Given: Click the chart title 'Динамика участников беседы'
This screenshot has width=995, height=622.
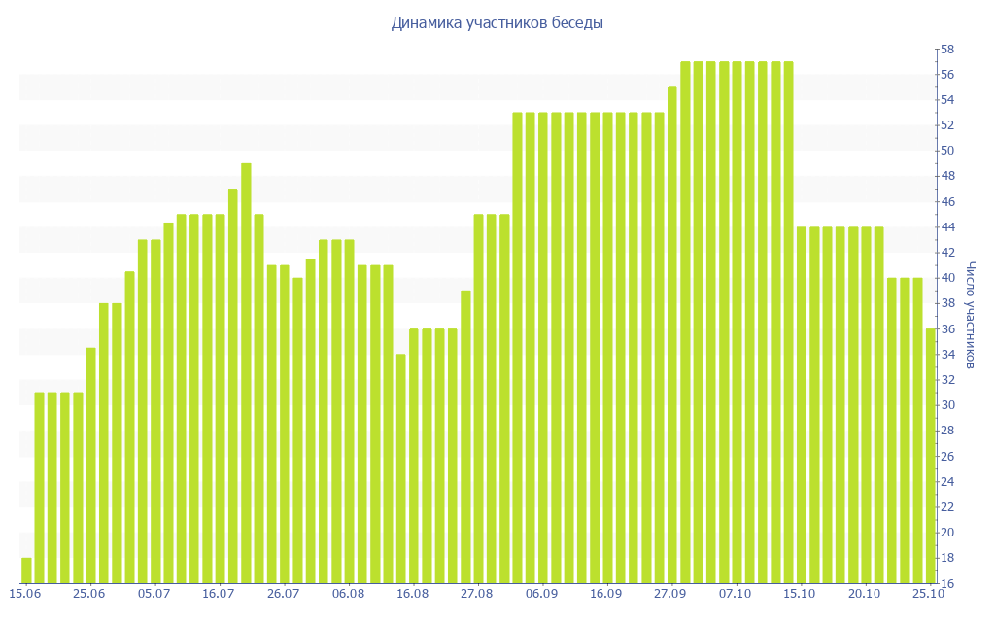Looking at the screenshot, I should click(497, 22).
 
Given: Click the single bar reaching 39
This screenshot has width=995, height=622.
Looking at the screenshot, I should click(465, 436).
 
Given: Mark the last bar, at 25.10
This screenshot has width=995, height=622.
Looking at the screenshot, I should click(931, 456).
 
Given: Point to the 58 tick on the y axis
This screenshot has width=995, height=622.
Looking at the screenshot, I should click(945, 49).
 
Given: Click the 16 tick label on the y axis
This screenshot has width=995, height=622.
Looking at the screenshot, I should click(945, 583).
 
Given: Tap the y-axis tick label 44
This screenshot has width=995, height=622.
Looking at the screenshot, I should click(945, 226).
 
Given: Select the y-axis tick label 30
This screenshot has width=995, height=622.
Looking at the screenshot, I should click(945, 405).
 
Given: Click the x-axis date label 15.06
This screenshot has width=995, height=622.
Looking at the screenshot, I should click(24, 593).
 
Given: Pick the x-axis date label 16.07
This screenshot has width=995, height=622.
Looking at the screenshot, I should click(219, 593).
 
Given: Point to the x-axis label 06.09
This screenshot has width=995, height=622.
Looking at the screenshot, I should click(541, 593).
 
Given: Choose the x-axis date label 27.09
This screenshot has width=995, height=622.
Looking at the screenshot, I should click(670, 593).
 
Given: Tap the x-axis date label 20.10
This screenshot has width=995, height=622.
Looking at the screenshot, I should click(865, 593).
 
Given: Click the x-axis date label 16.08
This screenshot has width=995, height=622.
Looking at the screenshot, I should click(412, 593).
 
